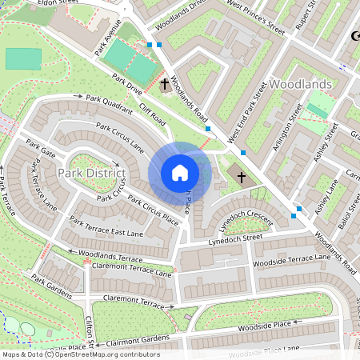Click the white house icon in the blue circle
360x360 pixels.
tap(180, 172)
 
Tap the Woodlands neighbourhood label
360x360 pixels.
tap(301, 83)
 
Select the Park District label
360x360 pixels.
tap(91, 172)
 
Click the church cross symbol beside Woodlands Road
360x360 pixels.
tap(165, 83)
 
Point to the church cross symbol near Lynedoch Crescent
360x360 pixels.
tap(242, 177)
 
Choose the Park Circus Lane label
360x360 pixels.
tap(121, 137)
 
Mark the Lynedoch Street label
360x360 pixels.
tap(236, 238)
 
